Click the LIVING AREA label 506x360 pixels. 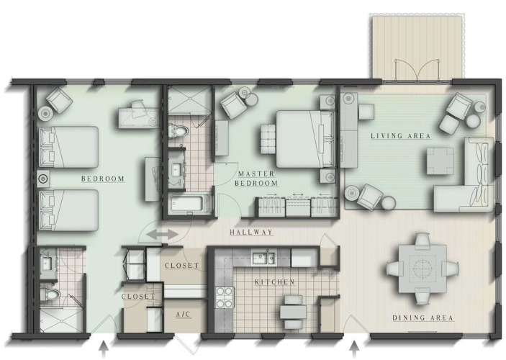click(400, 136)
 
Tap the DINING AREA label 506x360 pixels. click(423, 318)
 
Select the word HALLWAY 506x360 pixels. click(251, 232)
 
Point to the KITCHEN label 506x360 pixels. click(275, 282)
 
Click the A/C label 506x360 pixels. click(184, 314)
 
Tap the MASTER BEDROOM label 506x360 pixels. click(257, 179)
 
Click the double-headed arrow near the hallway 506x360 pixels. click(162, 235)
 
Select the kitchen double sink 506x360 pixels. click(263, 257)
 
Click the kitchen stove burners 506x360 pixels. click(225, 297)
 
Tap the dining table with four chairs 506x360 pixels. click(423, 269)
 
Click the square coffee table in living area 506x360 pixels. click(440, 161)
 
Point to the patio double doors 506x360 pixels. click(417, 70)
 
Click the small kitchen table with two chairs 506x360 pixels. click(293, 311)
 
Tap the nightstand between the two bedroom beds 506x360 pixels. click(43, 179)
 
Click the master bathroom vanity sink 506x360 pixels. click(176, 169)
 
